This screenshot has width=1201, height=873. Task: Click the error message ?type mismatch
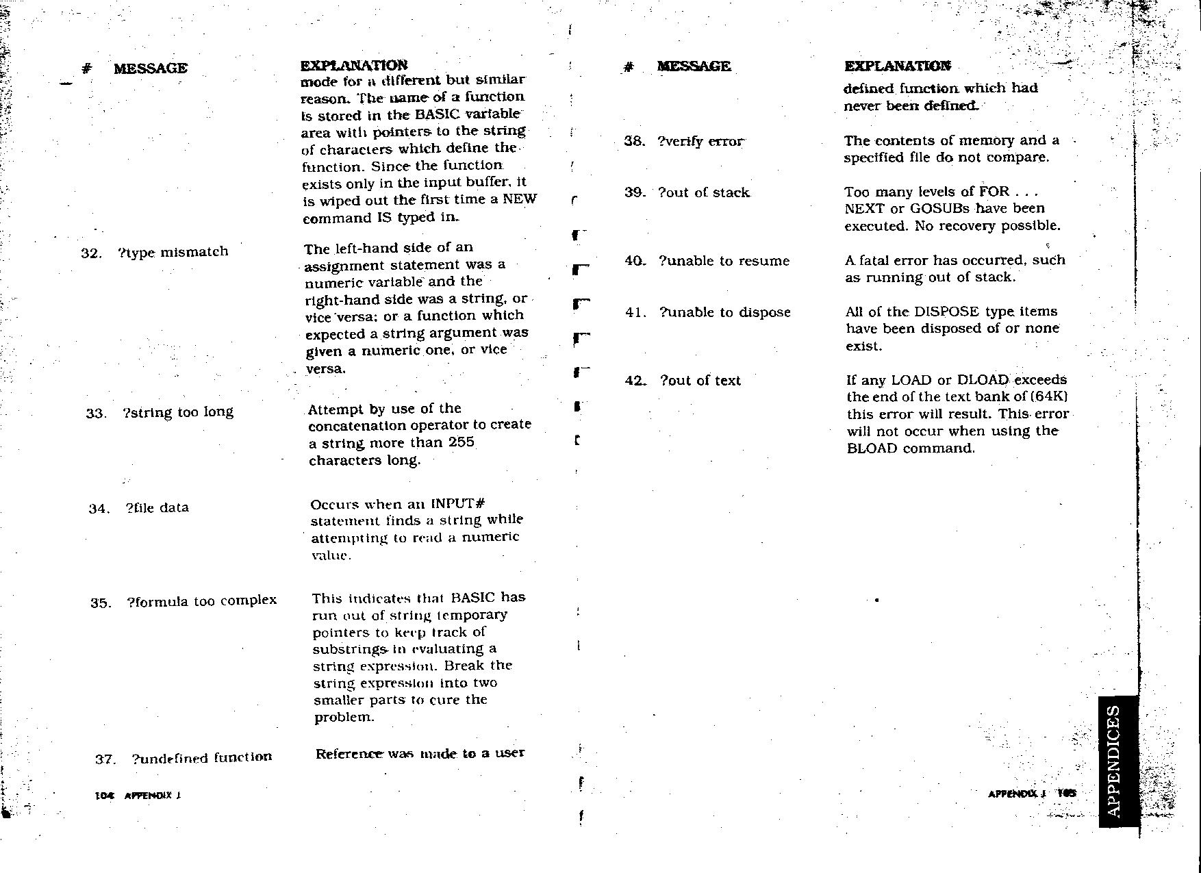click(x=173, y=252)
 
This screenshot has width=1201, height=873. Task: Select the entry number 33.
click(x=95, y=414)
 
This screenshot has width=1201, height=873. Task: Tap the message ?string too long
click(x=178, y=412)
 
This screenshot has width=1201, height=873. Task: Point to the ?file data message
click(x=157, y=508)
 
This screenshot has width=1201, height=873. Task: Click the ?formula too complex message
click(x=201, y=601)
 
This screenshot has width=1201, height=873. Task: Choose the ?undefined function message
click(x=201, y=757)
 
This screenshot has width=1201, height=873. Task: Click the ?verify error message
click(x=700, y=142)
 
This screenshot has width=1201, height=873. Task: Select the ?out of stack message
click(x=703, y=193)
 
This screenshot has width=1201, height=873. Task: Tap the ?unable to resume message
click(x=724, y=261)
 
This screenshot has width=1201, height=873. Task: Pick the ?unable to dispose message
click(x=724, y=312)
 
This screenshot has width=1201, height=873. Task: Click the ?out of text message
click(x=700, y=381)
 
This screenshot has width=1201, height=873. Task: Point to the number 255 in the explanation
click(x=461, y=442)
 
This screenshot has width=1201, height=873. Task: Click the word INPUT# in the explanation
click(x=458, y=504)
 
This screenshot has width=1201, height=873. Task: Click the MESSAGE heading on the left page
click(x=151, y=68)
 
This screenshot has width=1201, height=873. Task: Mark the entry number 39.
click(x=633, y=193)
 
